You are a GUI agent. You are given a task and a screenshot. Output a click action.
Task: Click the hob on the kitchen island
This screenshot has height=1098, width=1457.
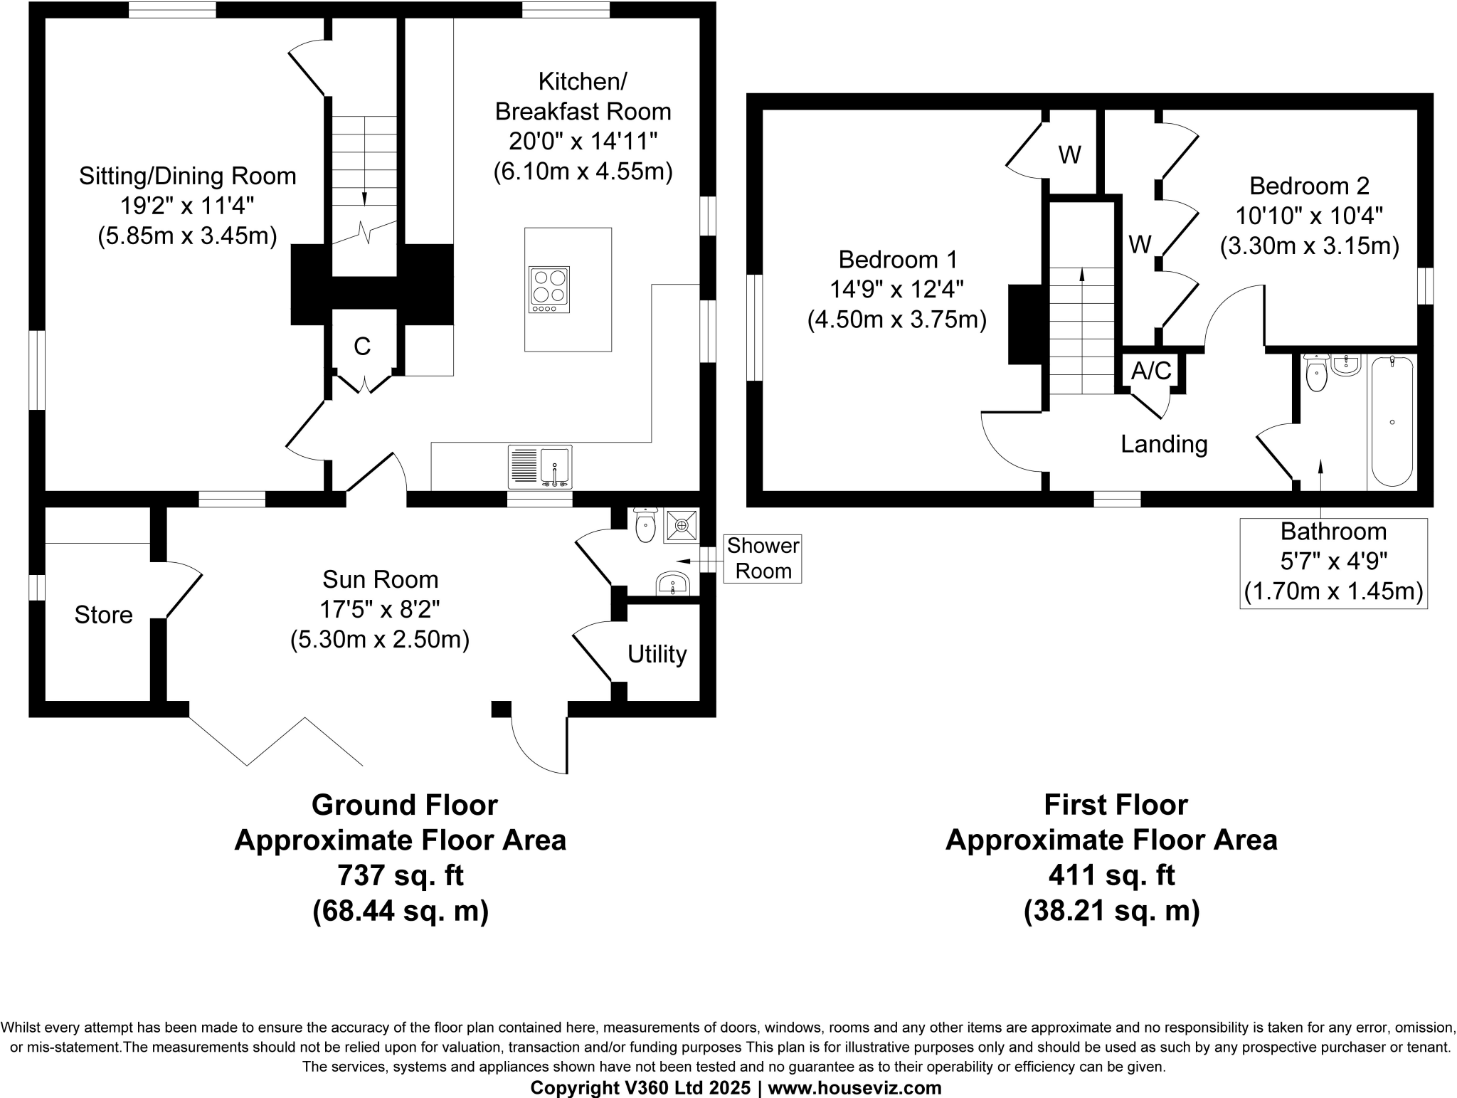click(549, 290)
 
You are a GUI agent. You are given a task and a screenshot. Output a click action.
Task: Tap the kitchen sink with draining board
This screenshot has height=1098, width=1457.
click(540, 467)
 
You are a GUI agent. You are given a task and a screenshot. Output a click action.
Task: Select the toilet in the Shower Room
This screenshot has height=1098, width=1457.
click(645, 526)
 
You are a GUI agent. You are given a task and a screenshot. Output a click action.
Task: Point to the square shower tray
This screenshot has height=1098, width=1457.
click(682, 526)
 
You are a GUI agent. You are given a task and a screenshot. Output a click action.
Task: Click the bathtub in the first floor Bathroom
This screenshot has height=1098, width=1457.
click(1392, 421)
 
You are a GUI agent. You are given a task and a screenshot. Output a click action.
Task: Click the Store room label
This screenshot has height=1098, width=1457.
click(104, 615)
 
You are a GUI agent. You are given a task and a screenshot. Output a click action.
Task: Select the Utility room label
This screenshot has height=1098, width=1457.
click(657, 654)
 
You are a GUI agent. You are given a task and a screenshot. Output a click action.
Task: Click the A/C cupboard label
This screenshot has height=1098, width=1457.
click(1150, 371)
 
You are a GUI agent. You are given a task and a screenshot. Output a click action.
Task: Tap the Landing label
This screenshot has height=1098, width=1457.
click(1164, 444)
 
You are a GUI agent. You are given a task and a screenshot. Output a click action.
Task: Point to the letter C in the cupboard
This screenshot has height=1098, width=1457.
click(362, 347)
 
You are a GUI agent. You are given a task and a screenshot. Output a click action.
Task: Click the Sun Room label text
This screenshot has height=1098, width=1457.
click(380, 579)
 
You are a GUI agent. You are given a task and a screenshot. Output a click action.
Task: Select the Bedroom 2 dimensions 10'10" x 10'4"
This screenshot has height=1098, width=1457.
click(1309, 216)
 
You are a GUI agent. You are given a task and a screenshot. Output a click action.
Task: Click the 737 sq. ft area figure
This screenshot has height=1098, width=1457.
click(401, 875)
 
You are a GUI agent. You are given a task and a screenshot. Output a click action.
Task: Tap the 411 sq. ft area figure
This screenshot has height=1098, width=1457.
click(1111, 875)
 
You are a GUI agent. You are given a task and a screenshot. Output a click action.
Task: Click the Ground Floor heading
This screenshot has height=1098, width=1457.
click(404, 805)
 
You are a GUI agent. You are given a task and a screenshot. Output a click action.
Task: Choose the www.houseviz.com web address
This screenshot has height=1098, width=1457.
click(854, 1087)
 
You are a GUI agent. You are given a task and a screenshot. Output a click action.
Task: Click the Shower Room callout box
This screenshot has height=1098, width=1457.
click(763, 559)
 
